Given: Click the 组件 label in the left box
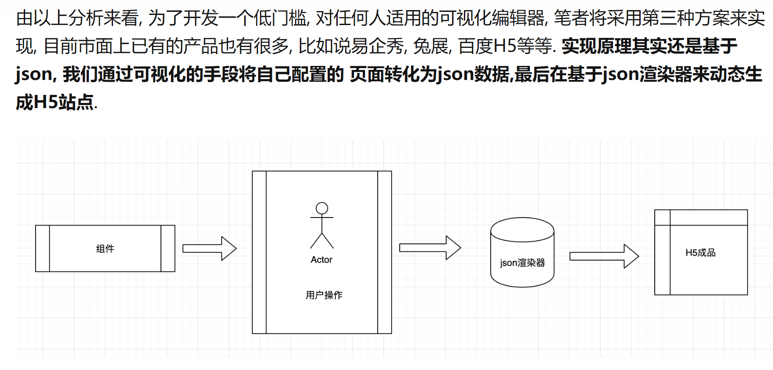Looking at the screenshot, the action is point(105,249).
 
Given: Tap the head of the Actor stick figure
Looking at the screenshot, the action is point(322,208).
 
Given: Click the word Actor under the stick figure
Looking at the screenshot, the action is point(321,260).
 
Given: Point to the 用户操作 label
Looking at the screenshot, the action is point(324,295).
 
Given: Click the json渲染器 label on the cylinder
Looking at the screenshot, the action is point(522,263).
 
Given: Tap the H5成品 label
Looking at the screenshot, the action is point(700,253).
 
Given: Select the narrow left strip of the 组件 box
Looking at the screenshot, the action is point(43,249).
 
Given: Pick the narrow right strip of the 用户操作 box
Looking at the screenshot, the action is point(384,252).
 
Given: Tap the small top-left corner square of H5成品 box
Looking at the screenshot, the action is point(662,218).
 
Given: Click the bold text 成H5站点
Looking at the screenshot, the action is point(55,102).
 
